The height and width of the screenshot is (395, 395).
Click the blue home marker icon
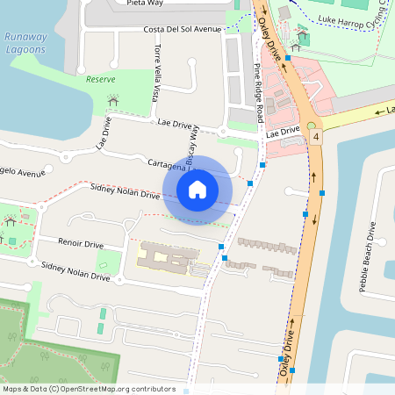point(197,189)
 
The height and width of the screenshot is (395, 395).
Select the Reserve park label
point(100,79)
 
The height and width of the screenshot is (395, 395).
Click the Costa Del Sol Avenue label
point(181,29)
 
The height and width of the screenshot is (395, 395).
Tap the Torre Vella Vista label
point(158,73)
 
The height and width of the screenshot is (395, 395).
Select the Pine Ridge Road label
point(259,92)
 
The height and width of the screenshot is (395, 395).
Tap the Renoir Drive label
point(81,242)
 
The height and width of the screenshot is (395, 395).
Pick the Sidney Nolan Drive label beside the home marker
point(126,190)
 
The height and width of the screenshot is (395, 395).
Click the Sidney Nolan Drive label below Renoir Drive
point(75,270)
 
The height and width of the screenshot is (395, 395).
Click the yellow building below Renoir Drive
point(167,259)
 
